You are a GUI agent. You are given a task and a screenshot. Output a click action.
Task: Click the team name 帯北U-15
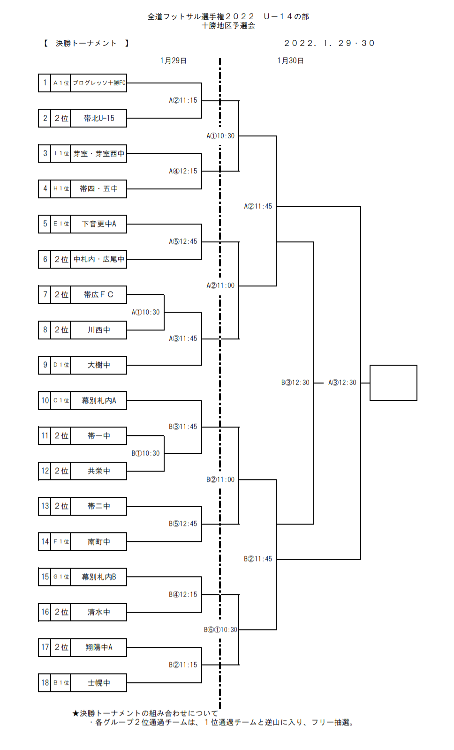(98, 118)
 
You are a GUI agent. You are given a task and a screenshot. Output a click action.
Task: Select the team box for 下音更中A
(98, 224)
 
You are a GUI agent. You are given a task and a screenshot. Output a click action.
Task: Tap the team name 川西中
(98, 330)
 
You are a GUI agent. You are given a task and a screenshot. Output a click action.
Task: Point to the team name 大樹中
(98, 365)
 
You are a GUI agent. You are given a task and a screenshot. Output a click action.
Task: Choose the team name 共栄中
(98, 471)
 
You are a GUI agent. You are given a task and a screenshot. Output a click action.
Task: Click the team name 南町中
(98, 542)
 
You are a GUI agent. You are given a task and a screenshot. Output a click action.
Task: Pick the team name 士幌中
(98, 683)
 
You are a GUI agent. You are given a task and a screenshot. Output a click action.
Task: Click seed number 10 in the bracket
(45, 400)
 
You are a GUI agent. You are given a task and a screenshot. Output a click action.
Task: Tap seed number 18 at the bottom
(45, 683)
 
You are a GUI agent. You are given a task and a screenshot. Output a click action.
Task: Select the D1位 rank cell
(61, 365)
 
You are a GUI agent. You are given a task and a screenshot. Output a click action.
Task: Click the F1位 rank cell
(61, 542)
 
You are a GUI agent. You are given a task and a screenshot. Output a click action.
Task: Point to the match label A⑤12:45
(183, 242)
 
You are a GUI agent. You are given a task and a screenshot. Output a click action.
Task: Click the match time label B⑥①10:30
(220, 630)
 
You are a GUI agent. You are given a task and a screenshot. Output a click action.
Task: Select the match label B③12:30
(295, 383)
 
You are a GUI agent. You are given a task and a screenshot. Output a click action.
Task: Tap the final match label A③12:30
(342, 383)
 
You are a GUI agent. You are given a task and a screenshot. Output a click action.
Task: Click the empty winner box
(393, 383)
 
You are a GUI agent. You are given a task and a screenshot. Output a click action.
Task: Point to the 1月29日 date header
(174, 61)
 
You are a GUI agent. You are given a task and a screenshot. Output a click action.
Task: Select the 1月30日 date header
(290, 61)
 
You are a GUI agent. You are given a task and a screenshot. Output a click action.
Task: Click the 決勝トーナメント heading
(86, 44)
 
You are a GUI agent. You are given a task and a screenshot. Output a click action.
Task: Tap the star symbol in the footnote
(76, 713)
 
